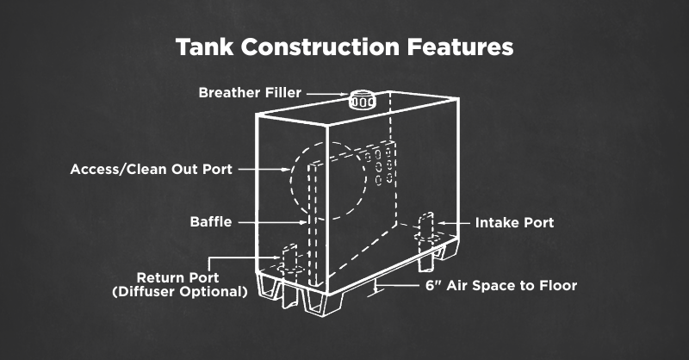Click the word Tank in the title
point(204,47)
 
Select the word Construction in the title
point(320,47)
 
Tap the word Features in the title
point(460,47)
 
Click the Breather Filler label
point(250,93)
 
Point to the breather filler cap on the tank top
point(362,100)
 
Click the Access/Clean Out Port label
point(152,169)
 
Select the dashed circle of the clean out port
point(290,180)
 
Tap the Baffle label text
point(211,221)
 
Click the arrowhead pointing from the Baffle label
point(303,222)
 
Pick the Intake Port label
point(514,222)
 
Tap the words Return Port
point(178,278)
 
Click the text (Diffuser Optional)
point(180,291)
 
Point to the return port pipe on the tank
point(289,259)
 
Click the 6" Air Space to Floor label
point(501,286)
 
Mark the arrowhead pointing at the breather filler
point(344,94)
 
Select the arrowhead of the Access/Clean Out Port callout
point(285,169)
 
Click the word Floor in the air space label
point(558,286)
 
